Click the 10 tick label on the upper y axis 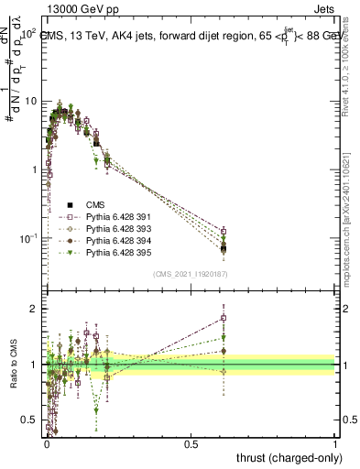point(29,101)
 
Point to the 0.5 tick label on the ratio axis point(30,420)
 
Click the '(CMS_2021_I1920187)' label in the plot point(190,274)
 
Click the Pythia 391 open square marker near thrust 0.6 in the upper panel point(224,231)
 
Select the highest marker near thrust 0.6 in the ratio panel point(224,319)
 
